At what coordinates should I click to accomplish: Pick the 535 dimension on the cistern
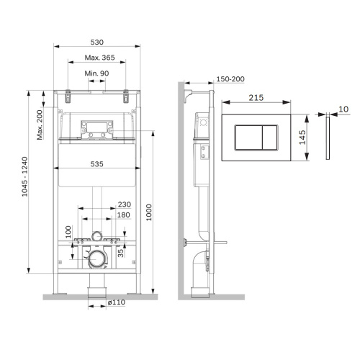click(x=96, y=164)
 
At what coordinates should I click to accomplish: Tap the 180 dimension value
click(x=124, y=215)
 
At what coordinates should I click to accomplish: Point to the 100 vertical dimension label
click(x=69, y=232)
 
